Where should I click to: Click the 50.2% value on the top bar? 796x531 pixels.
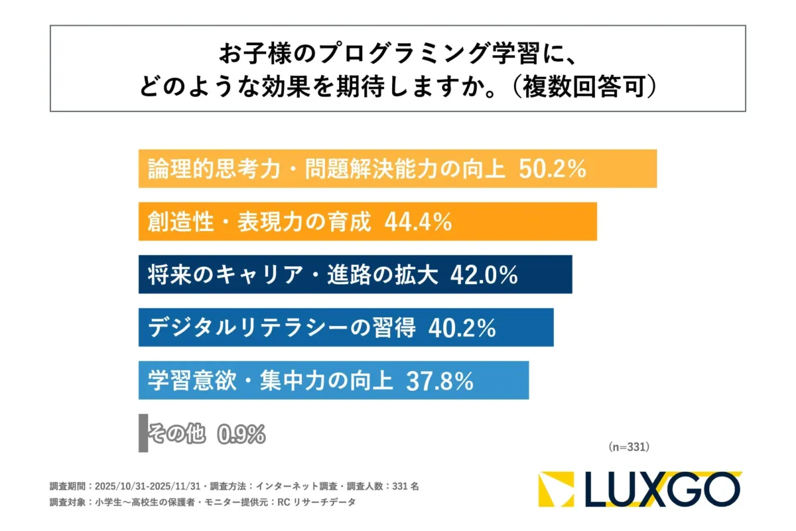coord(552,169)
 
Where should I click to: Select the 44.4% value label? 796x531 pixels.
coord(418,222)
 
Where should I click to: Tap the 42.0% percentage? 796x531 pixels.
coord(484,275)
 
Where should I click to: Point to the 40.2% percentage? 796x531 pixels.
coord(462,327)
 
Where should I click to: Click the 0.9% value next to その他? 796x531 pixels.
coord(241,434)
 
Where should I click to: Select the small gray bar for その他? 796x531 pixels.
coord(143,433)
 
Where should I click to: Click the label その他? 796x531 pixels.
coord(175,434)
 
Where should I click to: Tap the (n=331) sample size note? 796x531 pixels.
coord(628,447)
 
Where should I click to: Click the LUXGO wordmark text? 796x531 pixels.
coord(663,489)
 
